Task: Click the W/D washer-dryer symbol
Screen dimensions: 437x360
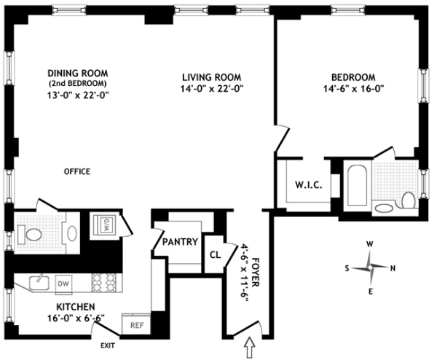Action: [105, 224]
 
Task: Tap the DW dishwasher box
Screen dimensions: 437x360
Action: [63, 284]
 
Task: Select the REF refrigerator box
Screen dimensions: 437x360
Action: [136, 324]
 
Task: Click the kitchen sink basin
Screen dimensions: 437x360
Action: [39, 283]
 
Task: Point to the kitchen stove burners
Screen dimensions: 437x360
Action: [103, 283]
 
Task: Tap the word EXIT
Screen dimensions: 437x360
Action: [108, 345]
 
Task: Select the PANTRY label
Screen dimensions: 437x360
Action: [180, 242]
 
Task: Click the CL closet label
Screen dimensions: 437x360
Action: [215, 254]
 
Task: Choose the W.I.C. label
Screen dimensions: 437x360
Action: [309, 185]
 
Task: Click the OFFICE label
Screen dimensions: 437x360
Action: [77, 171]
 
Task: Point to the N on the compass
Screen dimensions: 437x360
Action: [393, 268]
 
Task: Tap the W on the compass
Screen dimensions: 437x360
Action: [369, 245]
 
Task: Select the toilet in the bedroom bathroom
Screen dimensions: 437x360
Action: [409, 200]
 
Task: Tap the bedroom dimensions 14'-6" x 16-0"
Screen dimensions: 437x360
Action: [354, 89]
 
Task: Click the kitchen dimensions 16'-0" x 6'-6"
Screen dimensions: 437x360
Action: [76, 318]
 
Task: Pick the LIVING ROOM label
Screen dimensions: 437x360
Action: [212, 77]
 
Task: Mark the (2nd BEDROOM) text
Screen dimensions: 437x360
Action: [78, 83]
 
